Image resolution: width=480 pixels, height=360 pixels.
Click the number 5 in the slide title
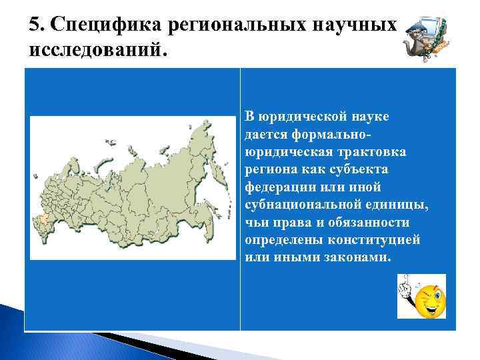coord(34,25)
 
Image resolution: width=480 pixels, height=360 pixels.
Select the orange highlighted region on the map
coord(45,219)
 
